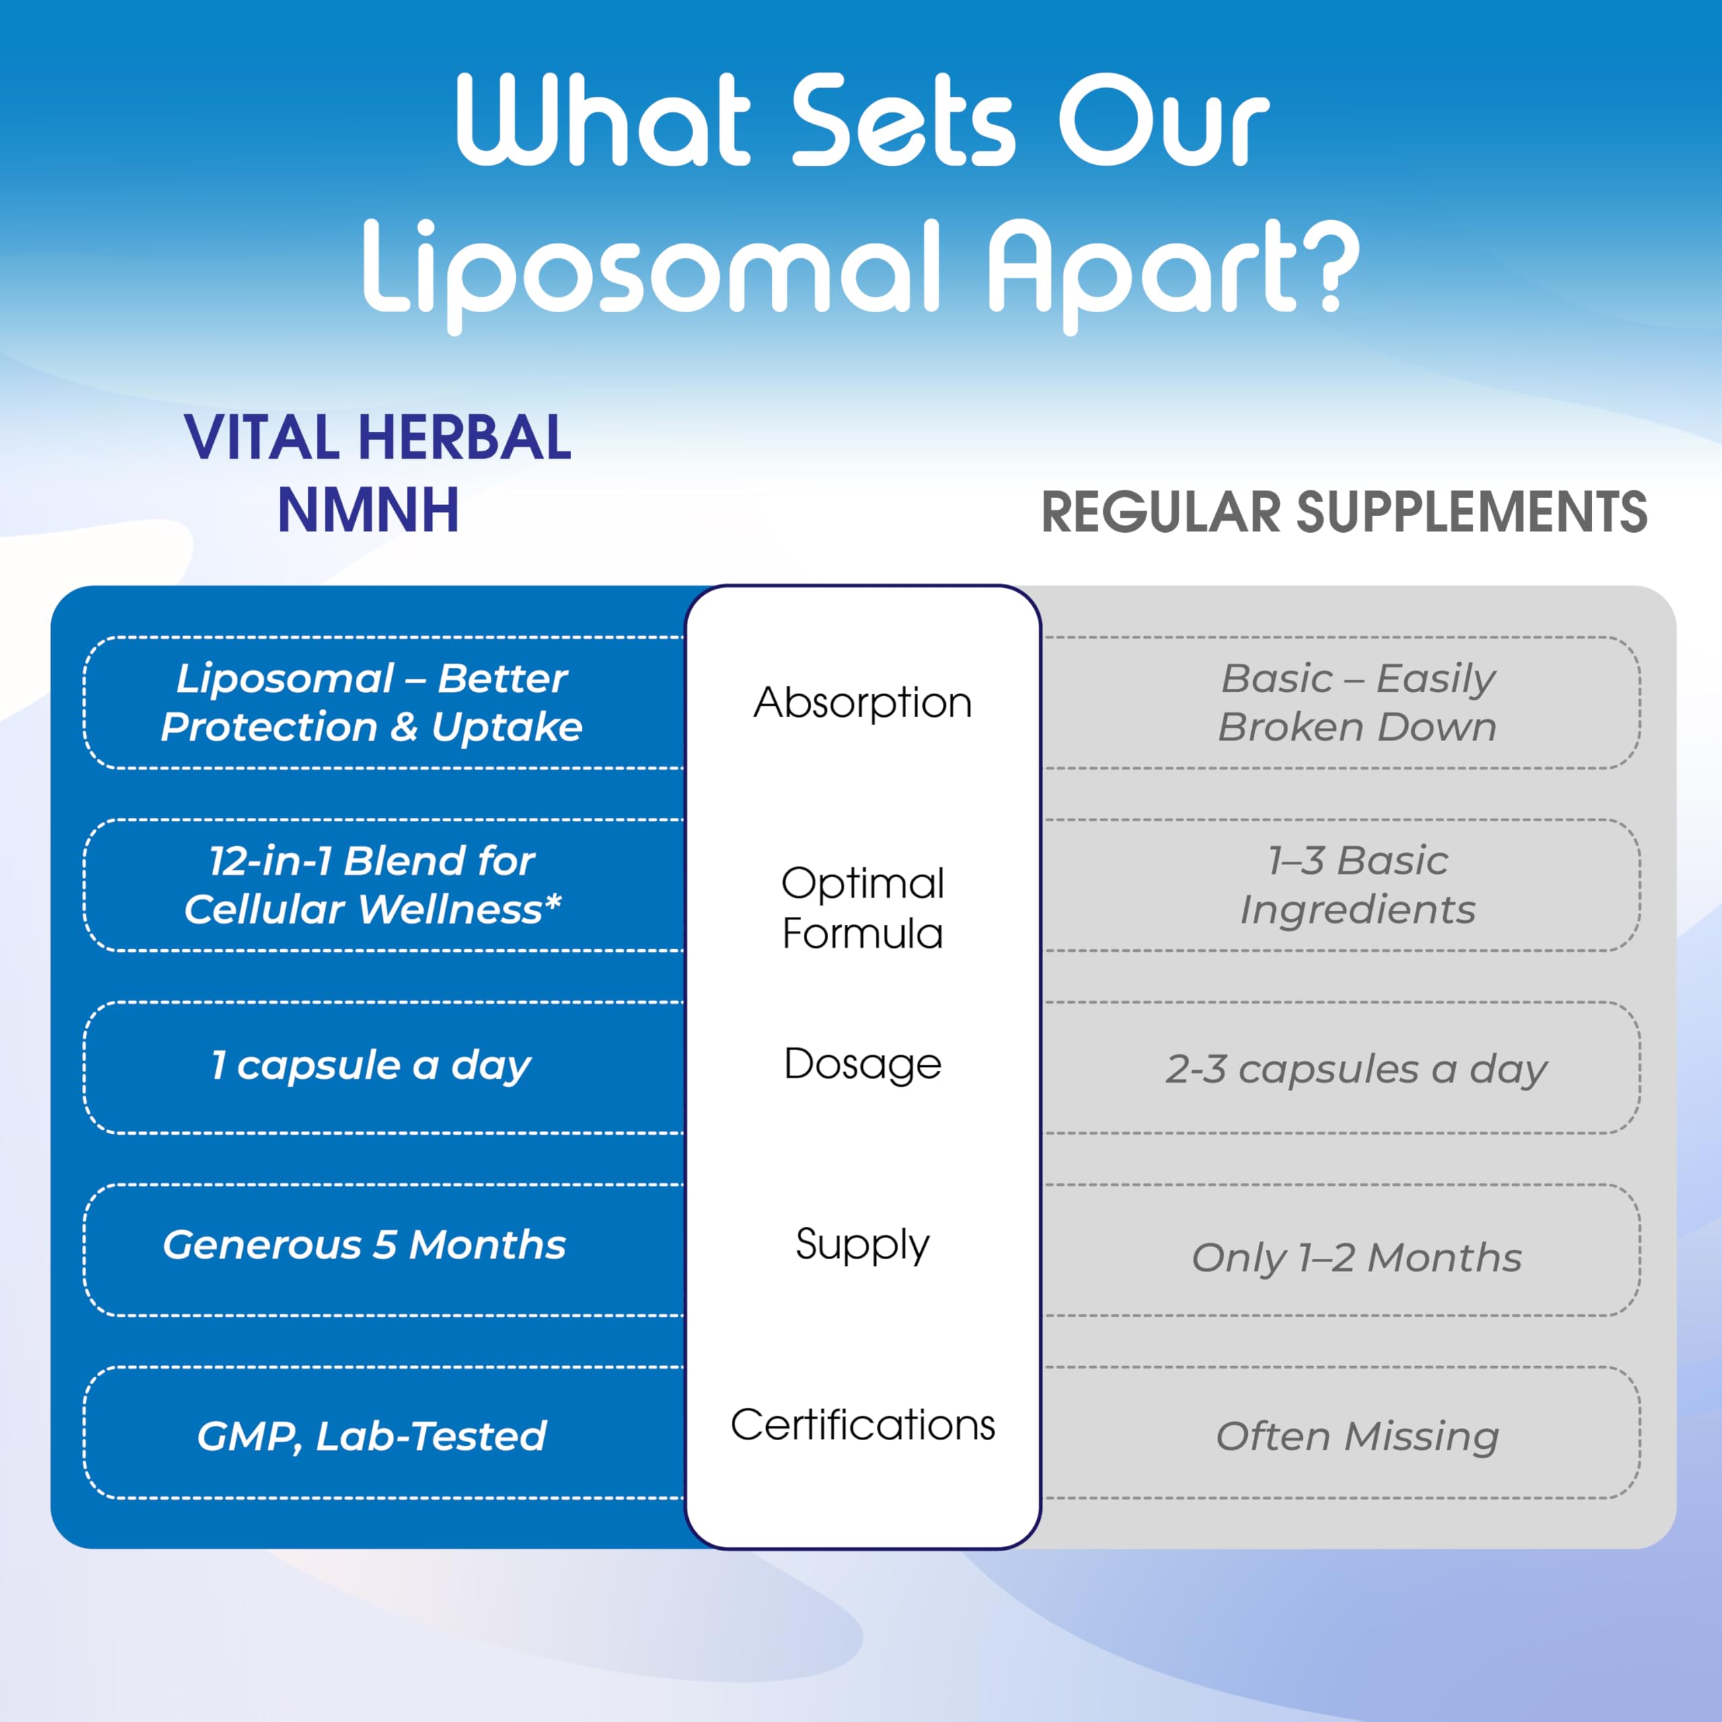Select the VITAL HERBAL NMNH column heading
click(x=378, y=474)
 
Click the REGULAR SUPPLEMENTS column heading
click(x=1344, y=513)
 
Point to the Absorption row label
click(x=862, y=703)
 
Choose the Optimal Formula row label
click(x=862, y=907)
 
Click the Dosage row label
click(x=862, y=1064)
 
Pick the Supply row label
click(x=862, y=1244)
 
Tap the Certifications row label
click(x=862, y=1424)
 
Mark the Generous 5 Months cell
click(x=364, y=1245)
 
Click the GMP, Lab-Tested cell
click(x=371, y=1437)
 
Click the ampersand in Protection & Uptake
click(x=404, y=726)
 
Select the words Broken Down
click(x=1357, y=727)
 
